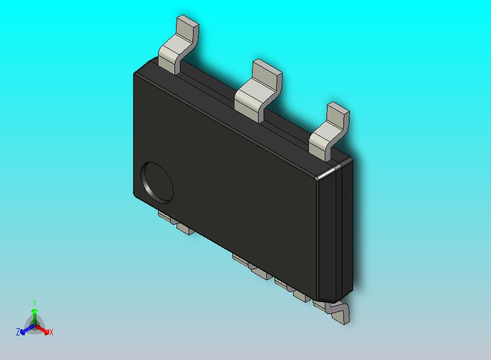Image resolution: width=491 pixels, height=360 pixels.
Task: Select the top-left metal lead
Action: click(x=177, y=48)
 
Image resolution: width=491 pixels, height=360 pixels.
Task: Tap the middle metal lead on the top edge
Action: click(x=257, y=90)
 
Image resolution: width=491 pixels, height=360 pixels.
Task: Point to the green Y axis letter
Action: click(x=34, y=303)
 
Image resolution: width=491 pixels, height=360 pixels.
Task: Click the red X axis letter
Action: click(x=51, y=332)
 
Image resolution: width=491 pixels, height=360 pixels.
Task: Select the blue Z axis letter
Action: click(x=18, y=332)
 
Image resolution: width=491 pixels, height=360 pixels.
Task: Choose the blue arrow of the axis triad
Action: click(x=25, y=329)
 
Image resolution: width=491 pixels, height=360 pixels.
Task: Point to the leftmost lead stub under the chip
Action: click(x=164, y=216)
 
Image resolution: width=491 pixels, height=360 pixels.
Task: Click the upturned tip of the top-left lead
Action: click(x=187, y=26)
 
